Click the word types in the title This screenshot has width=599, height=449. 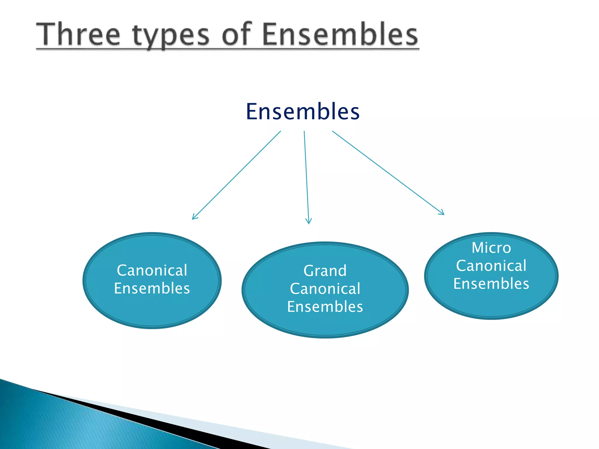point(171,37)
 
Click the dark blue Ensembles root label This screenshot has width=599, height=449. point(303,112)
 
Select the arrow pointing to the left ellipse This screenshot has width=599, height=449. point(236,175)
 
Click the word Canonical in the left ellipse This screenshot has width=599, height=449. point(152,270)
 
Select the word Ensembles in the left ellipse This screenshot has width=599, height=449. point(152,288)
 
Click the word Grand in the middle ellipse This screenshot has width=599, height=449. point(325,271)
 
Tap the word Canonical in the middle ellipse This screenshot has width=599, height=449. point(325,289)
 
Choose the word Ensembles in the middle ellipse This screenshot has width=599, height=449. point(325,307)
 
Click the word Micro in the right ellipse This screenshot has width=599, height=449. point(491,248)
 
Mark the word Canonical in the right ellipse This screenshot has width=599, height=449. point(491,266)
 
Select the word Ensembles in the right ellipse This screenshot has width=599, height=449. point(491,284)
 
